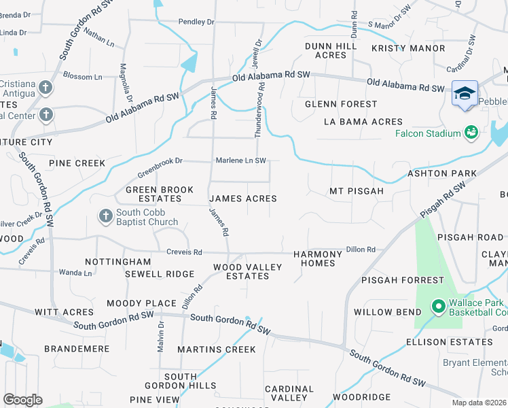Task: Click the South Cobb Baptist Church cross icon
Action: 105,216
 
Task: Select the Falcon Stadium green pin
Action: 471,132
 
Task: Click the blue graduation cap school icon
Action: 465,93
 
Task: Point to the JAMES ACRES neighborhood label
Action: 242,199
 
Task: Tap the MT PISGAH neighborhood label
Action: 357,191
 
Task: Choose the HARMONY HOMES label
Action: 314,258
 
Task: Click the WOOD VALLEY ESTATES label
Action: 247,271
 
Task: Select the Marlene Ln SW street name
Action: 240,160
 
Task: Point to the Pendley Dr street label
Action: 196,22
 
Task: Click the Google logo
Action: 22,399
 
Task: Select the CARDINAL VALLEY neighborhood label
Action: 289,393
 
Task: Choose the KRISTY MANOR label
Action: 408,48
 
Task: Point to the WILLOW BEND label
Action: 382,312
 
